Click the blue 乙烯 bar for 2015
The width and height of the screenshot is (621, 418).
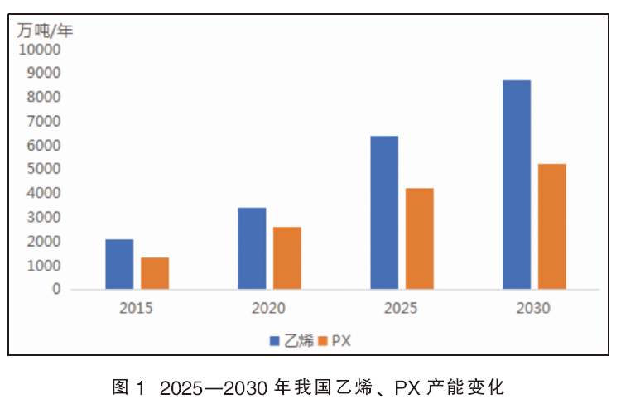click(x=119, y=264)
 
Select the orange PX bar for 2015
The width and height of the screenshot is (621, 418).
click(x=155, y=273)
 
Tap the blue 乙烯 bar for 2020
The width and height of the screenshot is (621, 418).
click(x=252, y=248)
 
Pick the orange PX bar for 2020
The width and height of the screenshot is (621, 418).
click(x=287, y=257)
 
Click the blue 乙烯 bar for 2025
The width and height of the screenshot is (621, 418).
click(x=384, y=212)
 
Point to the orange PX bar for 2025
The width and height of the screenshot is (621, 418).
click(x=420, y=238)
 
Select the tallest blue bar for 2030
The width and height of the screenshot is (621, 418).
click(x=517, y=185)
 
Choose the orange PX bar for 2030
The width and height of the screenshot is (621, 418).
click(x=552, y=226)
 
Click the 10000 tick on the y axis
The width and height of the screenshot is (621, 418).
click(x=40, y=50)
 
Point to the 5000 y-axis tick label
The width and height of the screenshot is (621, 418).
click(x=44, y=169)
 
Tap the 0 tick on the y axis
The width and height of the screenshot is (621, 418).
click(x=56, y=289)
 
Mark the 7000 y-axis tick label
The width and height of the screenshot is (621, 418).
click(x=44, y=121)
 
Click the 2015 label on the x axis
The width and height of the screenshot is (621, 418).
click(x=136, y=308)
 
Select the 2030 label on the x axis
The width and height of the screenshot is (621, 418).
click(x=533, y=308)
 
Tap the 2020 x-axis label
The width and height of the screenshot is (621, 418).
click(x=268, y=308)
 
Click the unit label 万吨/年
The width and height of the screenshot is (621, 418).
click(x=45, y=31)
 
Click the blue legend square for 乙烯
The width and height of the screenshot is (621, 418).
click(x=274, y=341)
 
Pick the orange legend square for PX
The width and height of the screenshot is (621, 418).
click(x=323, y=341)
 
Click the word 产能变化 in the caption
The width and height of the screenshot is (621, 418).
click(x=465, y=387)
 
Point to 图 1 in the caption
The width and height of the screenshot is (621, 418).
click(x=128, y=387)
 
